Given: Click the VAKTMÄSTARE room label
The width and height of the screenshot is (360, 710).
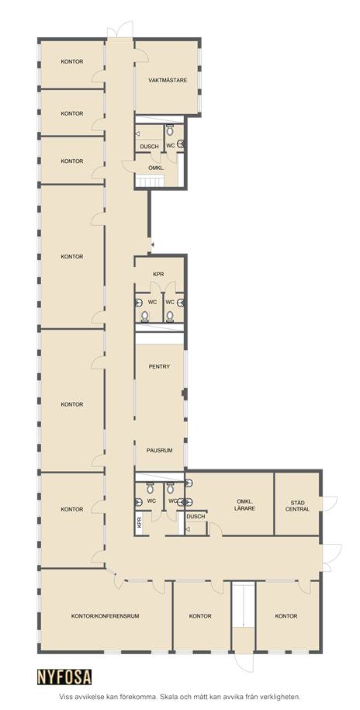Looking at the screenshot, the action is (168, 80).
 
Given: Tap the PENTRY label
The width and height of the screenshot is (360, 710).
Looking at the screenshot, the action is (159, 366).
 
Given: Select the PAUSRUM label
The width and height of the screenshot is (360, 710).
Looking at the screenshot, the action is (159, 451).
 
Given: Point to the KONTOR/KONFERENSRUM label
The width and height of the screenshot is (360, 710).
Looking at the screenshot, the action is (105, 616).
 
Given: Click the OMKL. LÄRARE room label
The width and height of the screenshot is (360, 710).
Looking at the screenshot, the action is (246, 505).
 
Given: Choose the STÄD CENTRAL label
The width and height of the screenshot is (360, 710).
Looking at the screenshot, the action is (297, 506).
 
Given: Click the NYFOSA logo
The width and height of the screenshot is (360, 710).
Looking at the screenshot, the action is (64, 677).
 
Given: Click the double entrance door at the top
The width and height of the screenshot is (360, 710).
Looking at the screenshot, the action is (120, 30).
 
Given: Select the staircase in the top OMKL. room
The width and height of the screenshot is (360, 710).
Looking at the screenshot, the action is (150, 182).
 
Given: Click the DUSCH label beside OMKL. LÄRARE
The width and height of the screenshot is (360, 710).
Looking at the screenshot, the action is (196, 517).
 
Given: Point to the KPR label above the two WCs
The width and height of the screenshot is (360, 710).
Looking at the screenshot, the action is (158, 274).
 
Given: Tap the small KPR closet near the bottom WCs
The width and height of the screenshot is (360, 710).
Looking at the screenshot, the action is (139, 523).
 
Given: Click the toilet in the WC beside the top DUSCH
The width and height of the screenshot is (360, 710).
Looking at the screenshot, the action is (170, 130).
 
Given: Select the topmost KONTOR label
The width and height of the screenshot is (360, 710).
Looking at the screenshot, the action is (72, 61).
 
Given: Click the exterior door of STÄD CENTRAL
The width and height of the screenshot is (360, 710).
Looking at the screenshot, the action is (329, 504).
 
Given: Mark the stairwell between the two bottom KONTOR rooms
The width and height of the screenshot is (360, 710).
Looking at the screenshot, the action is (244, 617).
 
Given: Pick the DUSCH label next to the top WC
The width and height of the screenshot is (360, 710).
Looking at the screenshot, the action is (150, 146).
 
